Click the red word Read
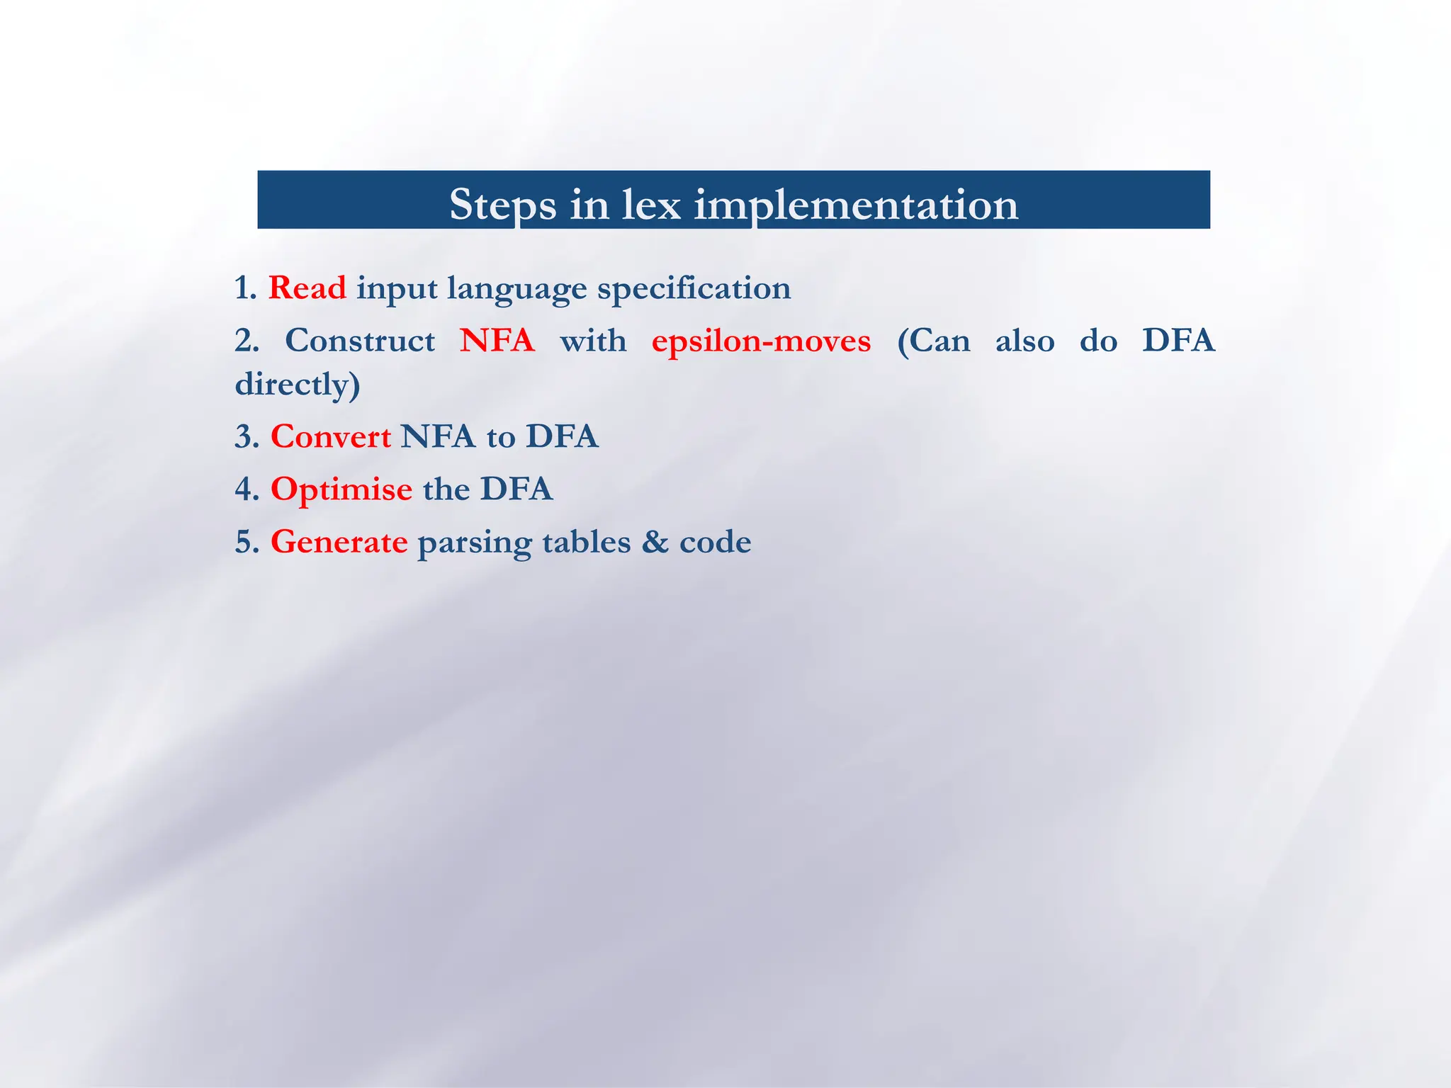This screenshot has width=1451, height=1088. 307,288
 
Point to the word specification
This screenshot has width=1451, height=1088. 694,288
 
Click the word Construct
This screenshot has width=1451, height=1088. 360,341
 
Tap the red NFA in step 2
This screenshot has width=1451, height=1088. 497,341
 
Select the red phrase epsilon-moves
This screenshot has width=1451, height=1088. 761,341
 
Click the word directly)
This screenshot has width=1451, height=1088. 298,385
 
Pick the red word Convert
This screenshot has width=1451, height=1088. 330,436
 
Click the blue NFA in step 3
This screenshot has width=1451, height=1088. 437,436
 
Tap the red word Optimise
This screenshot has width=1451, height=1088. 341,489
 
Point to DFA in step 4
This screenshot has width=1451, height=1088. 516,489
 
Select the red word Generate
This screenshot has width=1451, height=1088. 339,543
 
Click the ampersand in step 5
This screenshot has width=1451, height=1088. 655,543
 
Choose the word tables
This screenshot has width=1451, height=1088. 586,543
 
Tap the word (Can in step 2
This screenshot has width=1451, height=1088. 934,341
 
